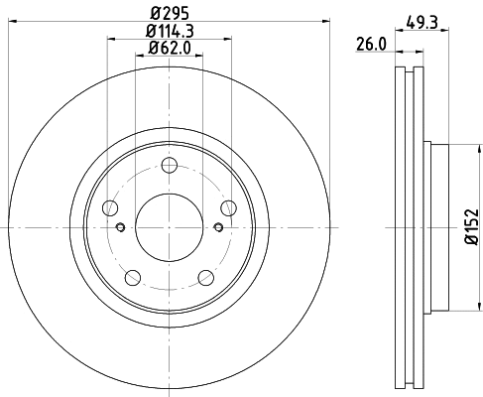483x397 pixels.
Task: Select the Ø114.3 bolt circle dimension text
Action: (x=170, y=32)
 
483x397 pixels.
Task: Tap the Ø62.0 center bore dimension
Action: (x=170, y=49)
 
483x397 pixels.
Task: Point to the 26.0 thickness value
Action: (x=370, y=44)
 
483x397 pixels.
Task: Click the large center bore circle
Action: (x=169, y=226)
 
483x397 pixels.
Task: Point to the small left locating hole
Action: (x=121, y=227)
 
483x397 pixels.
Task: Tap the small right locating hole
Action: (x=217, y=227)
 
